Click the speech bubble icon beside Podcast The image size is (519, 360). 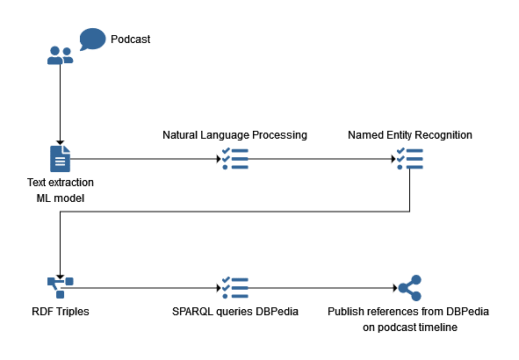pos(92,39)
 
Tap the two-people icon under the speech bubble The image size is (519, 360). pos(61,55)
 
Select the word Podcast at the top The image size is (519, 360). pos(131,40)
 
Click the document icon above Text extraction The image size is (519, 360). pos(60,159)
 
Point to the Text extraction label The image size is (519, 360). pos(61,183)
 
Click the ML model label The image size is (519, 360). pos(61,198)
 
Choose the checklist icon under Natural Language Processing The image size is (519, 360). pos(235,159)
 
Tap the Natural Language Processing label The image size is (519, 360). pos(234,135)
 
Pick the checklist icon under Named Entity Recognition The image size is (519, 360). pos(410,159)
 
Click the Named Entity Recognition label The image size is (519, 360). pos(410,135)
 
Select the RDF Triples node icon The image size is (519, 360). pos(61,288)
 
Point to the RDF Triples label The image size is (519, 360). pos(61,312)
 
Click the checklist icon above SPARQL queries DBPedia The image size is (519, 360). pos(235,288)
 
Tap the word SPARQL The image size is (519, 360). pos(192,312)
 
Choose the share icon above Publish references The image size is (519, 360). pos(410,288)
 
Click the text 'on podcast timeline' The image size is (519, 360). pos(410,328)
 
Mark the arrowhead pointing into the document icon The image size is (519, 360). pos(60,143)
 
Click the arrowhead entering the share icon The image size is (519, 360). pos(395,288)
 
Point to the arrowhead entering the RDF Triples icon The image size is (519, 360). pos(60,277)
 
